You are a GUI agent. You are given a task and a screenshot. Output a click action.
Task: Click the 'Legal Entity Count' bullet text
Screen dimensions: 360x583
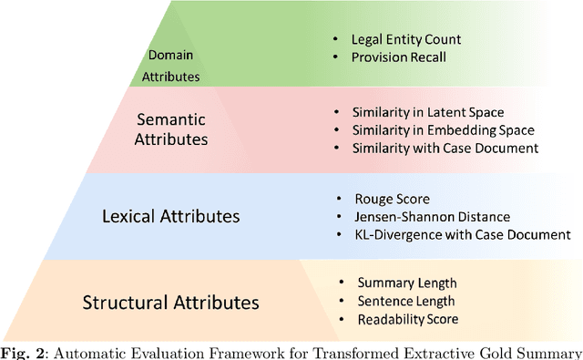coord(406,39)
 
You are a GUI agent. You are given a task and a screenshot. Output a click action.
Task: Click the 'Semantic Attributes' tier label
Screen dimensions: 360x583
coord(171,129)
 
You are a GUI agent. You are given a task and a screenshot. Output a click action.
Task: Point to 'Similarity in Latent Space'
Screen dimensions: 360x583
coord(428,112)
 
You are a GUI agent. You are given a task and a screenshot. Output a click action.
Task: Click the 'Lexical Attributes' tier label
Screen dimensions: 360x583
coord(171,216)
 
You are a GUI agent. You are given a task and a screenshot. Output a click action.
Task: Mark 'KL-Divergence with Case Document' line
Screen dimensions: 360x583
coord(460,233)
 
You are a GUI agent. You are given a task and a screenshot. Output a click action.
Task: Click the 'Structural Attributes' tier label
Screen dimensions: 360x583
coord(171,302)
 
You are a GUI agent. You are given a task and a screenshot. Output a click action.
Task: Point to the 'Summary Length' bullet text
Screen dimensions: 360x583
coord(407,283)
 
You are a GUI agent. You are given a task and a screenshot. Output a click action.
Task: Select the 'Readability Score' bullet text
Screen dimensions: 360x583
coord(408,319)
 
